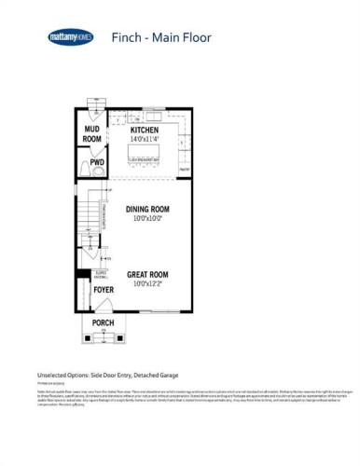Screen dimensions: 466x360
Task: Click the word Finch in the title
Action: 126,38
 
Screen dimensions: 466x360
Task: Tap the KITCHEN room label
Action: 144,130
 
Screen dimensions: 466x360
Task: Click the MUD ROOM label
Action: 92,134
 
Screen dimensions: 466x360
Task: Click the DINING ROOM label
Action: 145,210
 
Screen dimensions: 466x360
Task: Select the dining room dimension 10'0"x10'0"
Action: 145,219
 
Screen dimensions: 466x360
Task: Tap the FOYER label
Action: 103,290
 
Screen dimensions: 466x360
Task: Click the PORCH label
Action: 103,322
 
